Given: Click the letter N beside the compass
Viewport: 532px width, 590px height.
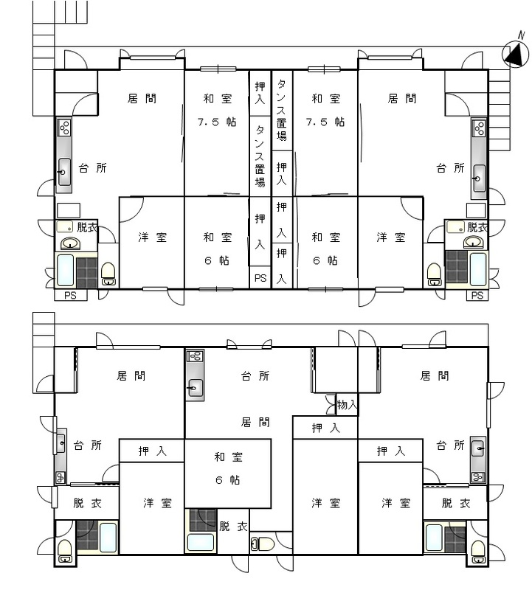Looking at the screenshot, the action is [521, 35].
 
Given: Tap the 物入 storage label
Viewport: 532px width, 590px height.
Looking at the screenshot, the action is [346, 405].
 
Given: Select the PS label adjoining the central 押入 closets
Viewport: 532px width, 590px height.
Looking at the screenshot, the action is [260, 278].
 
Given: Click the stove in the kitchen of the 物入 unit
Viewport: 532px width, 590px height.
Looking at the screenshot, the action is [195, 356].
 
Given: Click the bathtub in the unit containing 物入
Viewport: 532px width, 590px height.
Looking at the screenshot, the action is [201, 543].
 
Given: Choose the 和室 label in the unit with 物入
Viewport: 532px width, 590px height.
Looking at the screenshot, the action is [228, 457].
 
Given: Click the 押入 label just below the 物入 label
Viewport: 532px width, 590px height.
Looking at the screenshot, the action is [325, 428].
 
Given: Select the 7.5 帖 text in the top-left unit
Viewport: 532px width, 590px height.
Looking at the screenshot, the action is [217, 122].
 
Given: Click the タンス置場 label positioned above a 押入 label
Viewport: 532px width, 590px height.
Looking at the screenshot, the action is [282, 109].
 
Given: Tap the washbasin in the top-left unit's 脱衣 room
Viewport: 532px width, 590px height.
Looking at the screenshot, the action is [70, 243].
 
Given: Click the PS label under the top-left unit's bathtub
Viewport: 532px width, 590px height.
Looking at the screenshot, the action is [70, 296].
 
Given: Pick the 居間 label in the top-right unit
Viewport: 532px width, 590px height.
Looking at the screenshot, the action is [402, 99].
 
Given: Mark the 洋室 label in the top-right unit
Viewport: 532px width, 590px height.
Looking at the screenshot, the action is [391, 237].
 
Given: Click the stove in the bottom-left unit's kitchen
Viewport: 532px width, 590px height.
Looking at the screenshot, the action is [61, 477].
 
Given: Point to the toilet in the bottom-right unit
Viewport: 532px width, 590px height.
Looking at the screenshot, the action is [478, 552].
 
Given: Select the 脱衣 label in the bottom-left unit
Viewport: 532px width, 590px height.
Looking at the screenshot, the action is [87, 503].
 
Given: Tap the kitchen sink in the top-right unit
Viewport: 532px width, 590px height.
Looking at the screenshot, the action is [479, 178].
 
